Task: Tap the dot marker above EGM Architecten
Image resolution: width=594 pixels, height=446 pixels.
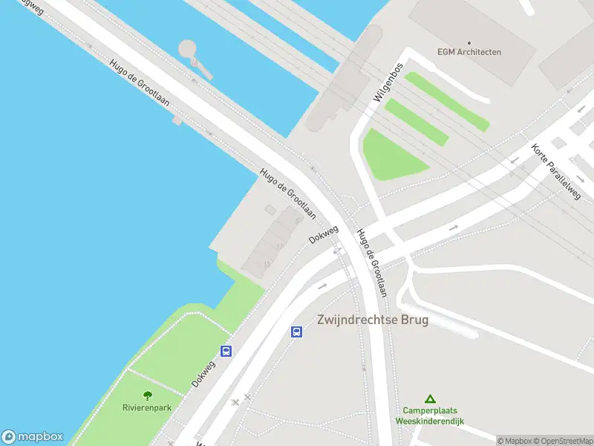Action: pyautogui.click(x=469, y=42)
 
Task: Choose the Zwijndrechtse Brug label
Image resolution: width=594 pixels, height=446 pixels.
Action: pyautogui.click(x=373, y=320)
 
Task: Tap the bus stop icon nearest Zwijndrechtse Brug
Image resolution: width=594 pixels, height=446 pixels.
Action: pyautogui.click(x=296, y=332)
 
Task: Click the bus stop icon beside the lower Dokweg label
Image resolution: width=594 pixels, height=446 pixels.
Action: pyautogui.click(x=226, y=351)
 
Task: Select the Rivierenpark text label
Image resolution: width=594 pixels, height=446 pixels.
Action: pyautogui.click(x=147, y=407)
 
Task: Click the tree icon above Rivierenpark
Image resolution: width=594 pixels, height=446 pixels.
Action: pyautogui.click(x=147, y=395)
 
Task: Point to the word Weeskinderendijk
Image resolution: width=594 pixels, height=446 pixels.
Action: pyautogui.click(x=429, y=421)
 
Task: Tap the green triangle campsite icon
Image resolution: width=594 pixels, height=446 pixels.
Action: pyautogui.click(x=429, y=399)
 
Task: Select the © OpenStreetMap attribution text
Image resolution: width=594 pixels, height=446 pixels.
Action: pyautogui.click(x=561, y=441)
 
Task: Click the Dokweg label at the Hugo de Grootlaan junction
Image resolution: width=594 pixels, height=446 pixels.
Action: pyautogui.click(x=324, y=235)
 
